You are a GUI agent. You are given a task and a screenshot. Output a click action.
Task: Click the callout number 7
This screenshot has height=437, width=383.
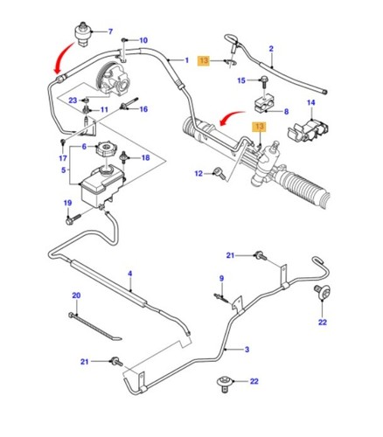pyautogui.click(x=110, y=32)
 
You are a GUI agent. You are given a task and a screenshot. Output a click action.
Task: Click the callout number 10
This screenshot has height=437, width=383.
pyautogui.click(x=143, y=40)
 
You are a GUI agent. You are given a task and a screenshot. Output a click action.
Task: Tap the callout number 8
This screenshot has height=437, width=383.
pyautogui.click(x=285, y=112)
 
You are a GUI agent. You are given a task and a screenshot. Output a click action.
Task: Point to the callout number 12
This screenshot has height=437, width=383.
pyautogui.click(x=200, y=174)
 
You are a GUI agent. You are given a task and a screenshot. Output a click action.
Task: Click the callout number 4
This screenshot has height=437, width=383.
pyautogui.click(x=129, y=274)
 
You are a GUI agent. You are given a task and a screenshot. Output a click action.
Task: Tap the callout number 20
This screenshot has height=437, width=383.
pyautogui.click(x=75, y=295)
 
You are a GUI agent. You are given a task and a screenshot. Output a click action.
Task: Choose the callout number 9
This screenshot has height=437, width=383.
pyautogui.click(x=221, y=279)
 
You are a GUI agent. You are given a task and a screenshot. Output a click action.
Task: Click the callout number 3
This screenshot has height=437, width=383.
pyautogui.click(x=247, y=350)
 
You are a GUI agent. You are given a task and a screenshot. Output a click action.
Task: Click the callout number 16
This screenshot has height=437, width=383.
pyautogui.click(x=143, y=109)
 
